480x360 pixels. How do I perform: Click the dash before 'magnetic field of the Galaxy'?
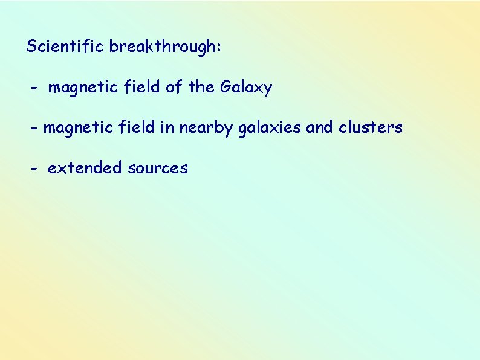(x=35, y=88)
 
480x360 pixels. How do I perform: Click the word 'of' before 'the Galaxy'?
(x=174, y=88)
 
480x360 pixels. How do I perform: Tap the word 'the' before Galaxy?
(x=201, y=88)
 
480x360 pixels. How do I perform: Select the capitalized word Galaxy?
(x=246, y=88)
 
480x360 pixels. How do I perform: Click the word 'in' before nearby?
(x=167, y=128)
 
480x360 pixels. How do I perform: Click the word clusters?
(x=370, y=128)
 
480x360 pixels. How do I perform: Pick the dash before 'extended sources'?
(x=35, y=169)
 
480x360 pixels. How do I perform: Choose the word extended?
(x=85, y=168)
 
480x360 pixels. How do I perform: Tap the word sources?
(x=158, y=169)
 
